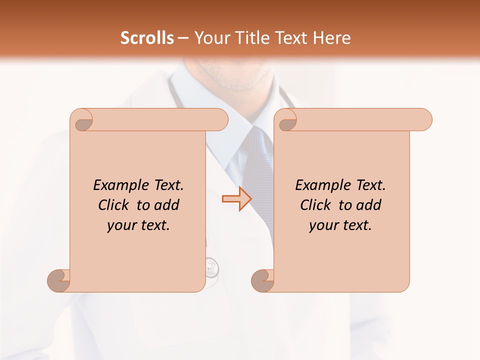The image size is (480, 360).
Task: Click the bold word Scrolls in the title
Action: pos(147,38)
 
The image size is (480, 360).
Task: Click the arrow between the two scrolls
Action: pos(236,199)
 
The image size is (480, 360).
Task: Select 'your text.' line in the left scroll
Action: pos(138,225)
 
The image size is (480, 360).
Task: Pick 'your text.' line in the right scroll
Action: pos(340,225)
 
